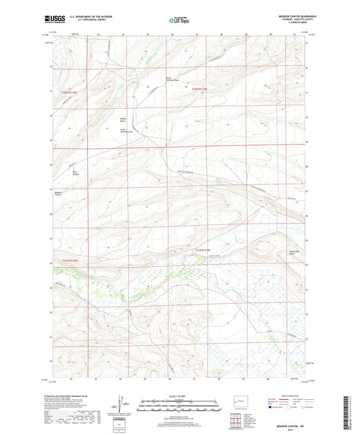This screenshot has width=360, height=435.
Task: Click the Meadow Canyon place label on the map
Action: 58,194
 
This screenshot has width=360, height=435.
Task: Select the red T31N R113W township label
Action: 203,250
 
